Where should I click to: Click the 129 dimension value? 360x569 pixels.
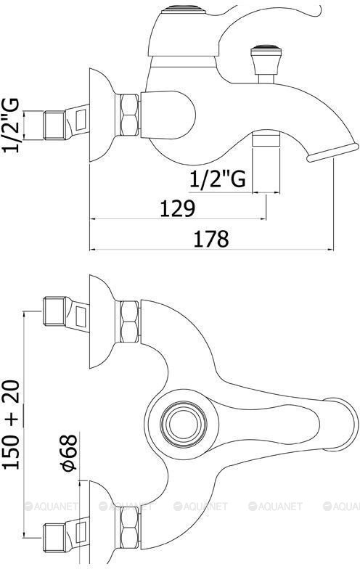177,208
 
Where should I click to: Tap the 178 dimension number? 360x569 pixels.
211,238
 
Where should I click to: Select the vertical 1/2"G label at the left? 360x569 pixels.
10,125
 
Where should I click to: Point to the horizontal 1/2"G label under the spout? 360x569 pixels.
218,179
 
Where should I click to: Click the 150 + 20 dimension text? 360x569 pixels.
12,425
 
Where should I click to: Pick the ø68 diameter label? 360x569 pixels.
69,453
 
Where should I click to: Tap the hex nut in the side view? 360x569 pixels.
129,115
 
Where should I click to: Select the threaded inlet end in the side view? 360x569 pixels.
54,125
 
